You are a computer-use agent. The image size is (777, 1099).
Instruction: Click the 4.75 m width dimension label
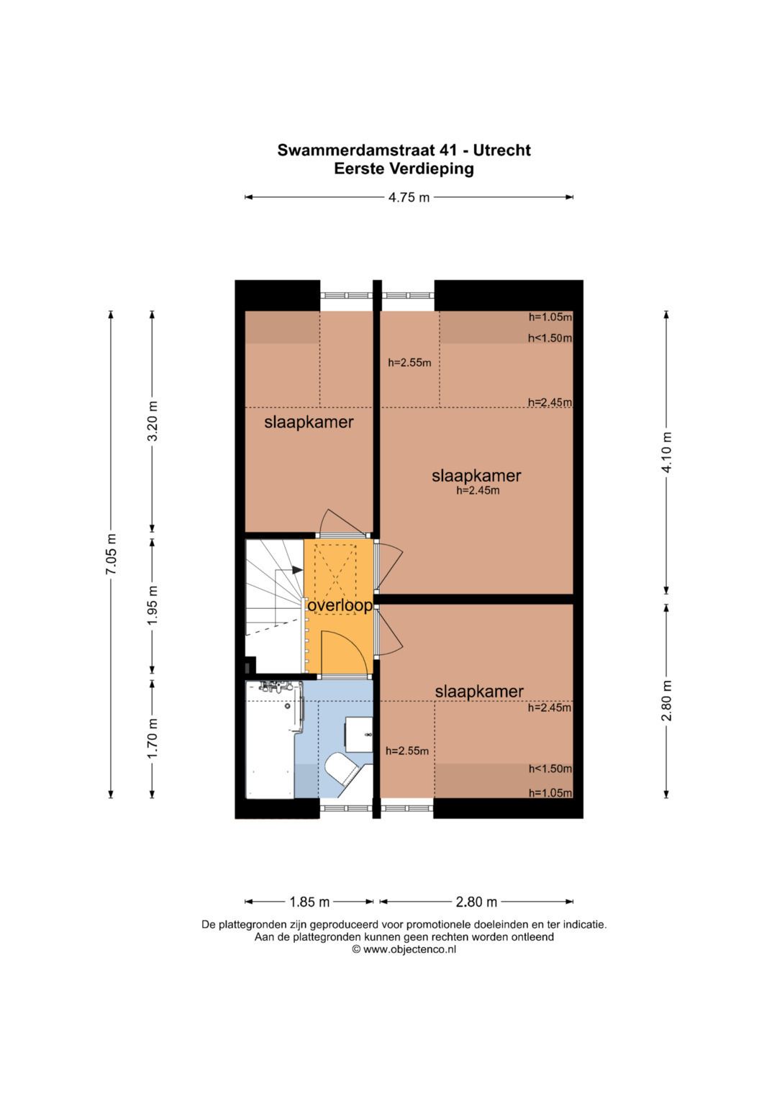(x=409, y=197)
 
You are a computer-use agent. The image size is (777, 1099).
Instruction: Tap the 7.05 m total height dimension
(x=112, y=554)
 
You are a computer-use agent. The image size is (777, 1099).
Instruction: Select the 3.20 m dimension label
(x=153, y=421)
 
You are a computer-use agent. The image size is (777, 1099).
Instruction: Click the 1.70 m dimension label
(x=153, y=738)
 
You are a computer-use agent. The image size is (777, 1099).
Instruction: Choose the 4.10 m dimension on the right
(x=667, y=452)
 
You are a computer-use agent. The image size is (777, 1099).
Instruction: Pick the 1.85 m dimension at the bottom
(x=309, y=901)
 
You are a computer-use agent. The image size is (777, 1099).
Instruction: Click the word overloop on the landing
(x=340, y=606)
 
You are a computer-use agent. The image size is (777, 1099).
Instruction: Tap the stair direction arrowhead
(x=297, y=569)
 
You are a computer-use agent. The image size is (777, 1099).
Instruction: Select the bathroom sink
(x=358, y=733)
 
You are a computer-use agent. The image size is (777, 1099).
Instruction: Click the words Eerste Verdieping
(x=404, y=169)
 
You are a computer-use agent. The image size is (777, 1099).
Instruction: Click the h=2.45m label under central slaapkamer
(x=478, y=490)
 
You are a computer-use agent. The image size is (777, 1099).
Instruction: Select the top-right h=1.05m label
(x=550, y=317)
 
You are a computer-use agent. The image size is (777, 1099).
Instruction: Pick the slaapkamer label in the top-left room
(x=309, y=422)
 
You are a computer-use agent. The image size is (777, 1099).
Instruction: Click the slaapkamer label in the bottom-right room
(x=479, y=692)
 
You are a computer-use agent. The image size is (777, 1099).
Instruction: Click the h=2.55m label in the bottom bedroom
(x=407, y=751)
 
